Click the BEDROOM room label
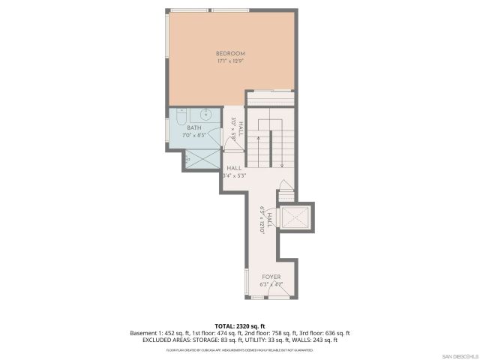point(230,53)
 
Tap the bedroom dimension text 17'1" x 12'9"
point(230,61)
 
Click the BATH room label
point(194,128)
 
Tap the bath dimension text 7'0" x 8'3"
point(194,136)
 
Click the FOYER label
point(271,277)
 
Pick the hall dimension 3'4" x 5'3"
point(234,175)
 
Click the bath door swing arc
point(217,139)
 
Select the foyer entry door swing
point(279,293)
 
